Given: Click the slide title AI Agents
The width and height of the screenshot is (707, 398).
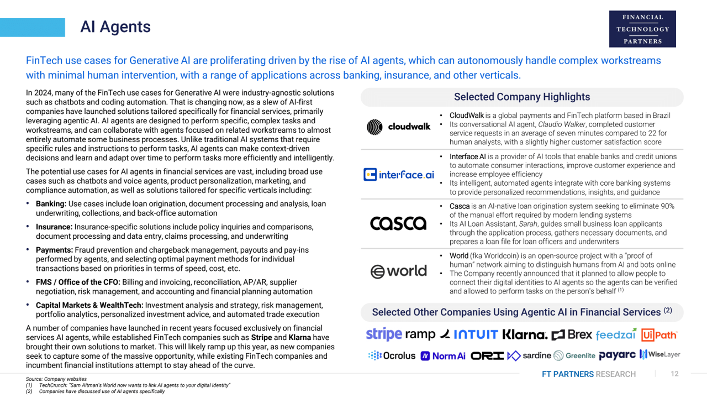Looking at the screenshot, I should (x=115, y=27).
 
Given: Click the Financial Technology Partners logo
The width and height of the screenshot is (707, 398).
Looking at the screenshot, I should (x=642, y=29).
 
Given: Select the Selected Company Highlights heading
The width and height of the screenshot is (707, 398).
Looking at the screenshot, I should (x=521, y=97).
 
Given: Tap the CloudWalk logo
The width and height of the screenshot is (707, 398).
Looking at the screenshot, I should (x=398, y=127).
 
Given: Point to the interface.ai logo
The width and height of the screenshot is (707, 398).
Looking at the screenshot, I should (x=399, y=175).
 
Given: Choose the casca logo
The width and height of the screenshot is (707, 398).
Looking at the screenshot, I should (x=398, y=223).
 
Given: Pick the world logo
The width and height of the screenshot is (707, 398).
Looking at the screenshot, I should (x=398, y=271).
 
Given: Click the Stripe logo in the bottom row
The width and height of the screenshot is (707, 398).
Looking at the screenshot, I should (x=383, y=334).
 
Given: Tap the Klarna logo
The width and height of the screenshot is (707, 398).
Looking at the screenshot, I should (x=525, y=334).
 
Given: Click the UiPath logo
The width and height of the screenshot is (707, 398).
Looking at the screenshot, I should (x=659, y=334).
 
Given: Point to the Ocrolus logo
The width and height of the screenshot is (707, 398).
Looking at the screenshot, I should (x=392, y=355).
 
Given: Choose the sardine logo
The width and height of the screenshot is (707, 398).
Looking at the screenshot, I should (x=529, y=355).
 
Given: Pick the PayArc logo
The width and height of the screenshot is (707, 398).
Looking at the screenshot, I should (x=617, y=355).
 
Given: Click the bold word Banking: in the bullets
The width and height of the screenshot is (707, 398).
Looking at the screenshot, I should (x=51, y=204).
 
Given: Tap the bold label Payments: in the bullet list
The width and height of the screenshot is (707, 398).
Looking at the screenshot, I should (x=54, y=250).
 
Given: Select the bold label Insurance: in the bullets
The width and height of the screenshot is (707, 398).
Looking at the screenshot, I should (x=54, y=227).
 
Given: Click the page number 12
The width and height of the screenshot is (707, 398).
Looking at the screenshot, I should (x=674, y=374).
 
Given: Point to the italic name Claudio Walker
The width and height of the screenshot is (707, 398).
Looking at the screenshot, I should (x=563, y=124).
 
